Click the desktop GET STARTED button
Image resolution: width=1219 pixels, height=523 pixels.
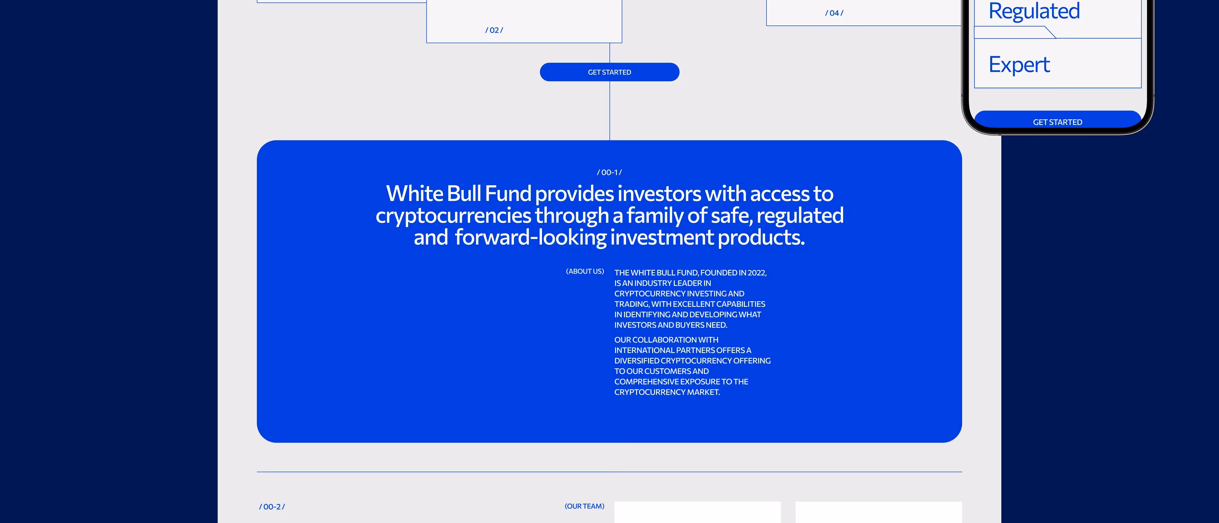[609, 72]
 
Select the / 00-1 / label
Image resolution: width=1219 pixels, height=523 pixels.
[609, 172]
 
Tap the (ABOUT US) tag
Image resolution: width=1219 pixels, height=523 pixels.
[585, 272]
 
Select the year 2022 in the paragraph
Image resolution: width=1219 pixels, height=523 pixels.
[757, 273]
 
